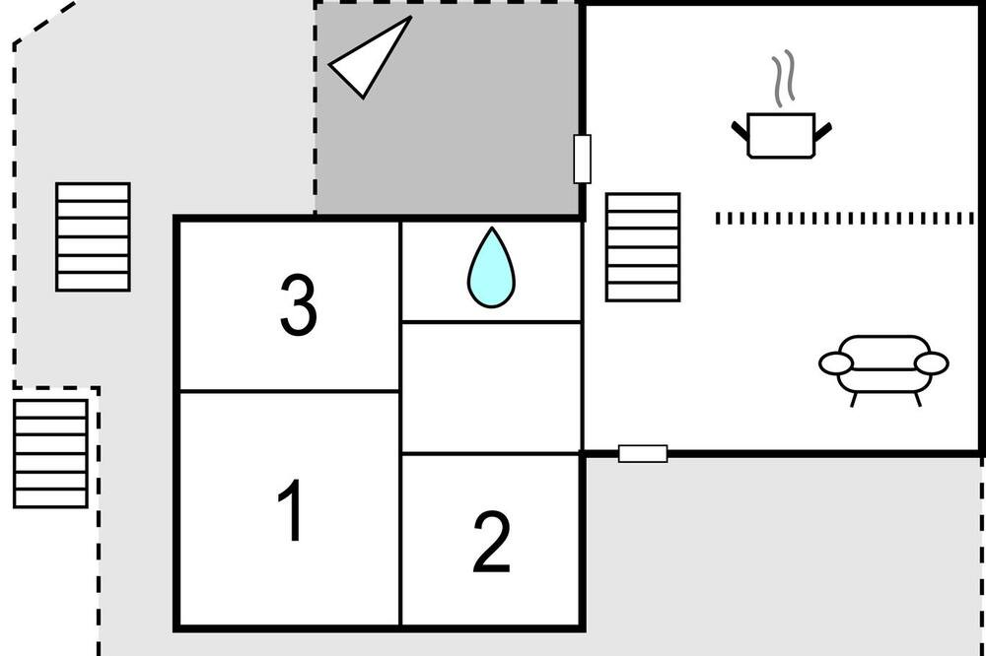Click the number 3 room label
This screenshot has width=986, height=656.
(x=298, y=304)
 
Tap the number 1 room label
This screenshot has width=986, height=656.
(x=291, y=509)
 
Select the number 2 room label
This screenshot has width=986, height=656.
(x=491, y=542)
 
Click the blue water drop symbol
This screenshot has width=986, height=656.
(x=491, y=268)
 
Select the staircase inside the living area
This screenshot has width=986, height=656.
(x=643, y=247)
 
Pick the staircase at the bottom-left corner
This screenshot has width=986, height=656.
(x=50, y=453)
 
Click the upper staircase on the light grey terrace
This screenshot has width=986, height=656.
(x=93, y=236)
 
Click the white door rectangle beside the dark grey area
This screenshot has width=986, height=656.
(x=583, y=159)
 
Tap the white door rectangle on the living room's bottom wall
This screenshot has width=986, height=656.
(x=643, y=453)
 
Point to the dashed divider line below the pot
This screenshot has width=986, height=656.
(x=845, y=218)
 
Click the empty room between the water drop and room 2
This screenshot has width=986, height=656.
(x=490, y=388)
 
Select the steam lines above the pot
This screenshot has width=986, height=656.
(x=784, y=79)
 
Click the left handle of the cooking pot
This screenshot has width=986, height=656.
(x=739, y=130)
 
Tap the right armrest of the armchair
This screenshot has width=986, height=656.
(x=932, y=363)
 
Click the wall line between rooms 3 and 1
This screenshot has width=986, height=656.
(x=290, y=391)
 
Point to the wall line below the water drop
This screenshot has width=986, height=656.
(x=490, y=322)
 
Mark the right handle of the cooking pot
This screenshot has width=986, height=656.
(x=823, y=131)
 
